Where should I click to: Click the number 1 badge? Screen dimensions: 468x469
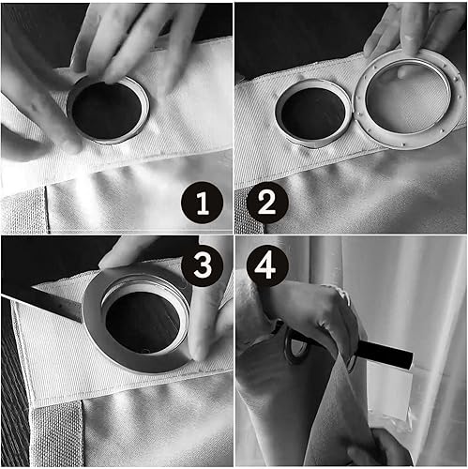coord(202,203)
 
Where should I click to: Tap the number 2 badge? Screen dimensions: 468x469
coord(267,203)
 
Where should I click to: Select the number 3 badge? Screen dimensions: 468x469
coord(203,265)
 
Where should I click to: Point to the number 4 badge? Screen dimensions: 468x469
coord(267,265)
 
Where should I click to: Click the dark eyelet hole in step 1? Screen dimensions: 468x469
coord(106,111)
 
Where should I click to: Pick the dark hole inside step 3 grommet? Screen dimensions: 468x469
coord(143,322)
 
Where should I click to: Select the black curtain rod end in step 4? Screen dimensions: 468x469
coord(386,355)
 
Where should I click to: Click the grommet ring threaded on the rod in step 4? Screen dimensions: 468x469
coord(294,346)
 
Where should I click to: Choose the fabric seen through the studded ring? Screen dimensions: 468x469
coord(408,98)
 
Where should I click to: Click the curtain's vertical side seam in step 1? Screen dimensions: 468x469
coord(47,209)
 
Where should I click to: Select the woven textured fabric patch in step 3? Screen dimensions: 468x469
coord(56,434)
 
